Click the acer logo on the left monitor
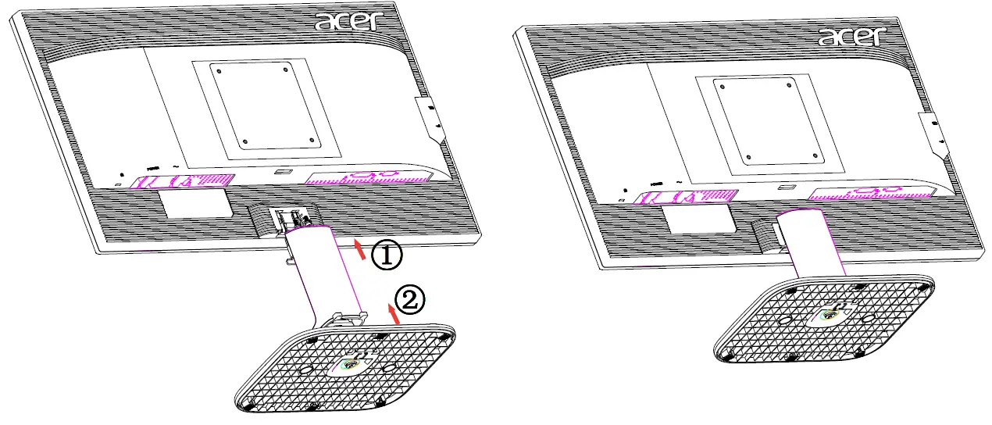tap(348, 21)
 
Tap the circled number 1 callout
tap(385, 255)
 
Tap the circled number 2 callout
tap(410, 300)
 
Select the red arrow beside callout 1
tap(359, 249)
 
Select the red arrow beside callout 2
tap(395, 314)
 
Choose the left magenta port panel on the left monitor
tap(180, 181)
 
